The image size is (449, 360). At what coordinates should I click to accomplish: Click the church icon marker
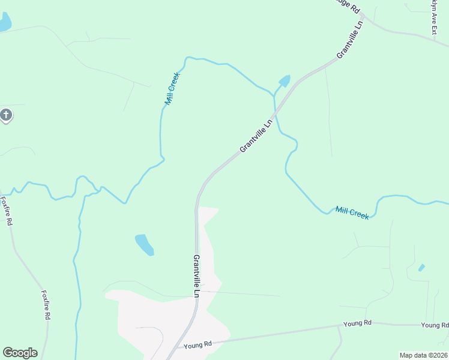coord(6,115)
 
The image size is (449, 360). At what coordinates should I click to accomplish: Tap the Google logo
coord(20,353)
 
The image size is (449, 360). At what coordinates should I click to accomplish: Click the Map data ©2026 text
coord(423,355)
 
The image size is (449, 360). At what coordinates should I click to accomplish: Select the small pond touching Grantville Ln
coord(284,81)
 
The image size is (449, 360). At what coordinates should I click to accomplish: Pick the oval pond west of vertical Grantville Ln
coord(144,244)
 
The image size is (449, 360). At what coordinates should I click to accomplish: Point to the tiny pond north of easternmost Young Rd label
coord(421,267)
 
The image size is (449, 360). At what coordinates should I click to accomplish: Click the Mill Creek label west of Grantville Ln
coord(172,89)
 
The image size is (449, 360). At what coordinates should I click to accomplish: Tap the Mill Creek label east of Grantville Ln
coord(352,212)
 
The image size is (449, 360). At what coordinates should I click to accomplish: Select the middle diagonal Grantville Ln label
coord(256,134)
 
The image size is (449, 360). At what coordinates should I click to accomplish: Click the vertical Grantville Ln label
coord(196,276)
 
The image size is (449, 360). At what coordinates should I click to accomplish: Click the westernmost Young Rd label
coord(198,345)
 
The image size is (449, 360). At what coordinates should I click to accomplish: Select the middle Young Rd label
coord(358,323)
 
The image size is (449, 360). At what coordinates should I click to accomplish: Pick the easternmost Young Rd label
coord(435,325)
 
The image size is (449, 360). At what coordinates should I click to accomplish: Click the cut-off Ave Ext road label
coord(433,17)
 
